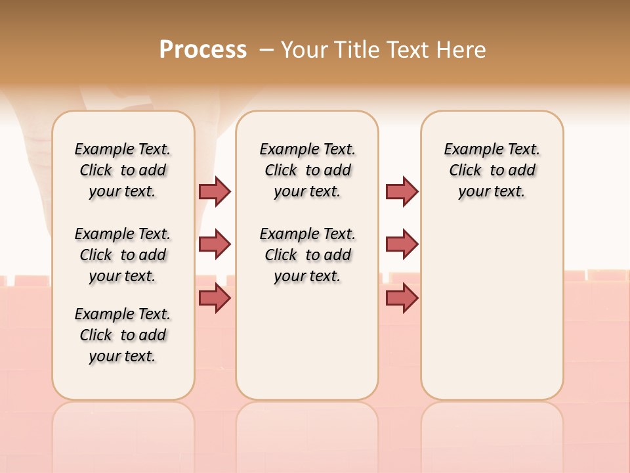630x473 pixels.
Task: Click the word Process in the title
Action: [x=203, y=49]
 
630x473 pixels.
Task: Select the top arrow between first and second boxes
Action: [x=215, y=191]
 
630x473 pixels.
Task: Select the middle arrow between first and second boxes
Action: [x=215, y=244]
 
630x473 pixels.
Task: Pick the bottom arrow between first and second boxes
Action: [x=215, y=298]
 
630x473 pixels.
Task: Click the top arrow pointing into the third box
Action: [x=402, y=191]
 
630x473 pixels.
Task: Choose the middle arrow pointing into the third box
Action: [x=402, y=244]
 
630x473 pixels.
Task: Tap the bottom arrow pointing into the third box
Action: [x=402, y=298]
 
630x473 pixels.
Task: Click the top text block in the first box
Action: [x=123, y=170]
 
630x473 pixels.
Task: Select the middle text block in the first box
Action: [x=123, y=255]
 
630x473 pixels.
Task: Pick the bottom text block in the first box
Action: [x=123, y=335]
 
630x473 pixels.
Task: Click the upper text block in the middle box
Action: [x=307, y=170]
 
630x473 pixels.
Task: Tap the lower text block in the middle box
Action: [x=307, y=255]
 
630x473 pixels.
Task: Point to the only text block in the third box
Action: [x=492, y=170]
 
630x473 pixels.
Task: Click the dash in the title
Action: [x=266, y=49]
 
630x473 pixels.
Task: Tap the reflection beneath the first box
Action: [x=123, y=434]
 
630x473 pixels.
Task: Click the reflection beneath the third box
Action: [x=492, y=434]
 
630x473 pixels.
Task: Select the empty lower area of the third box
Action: [x=492, y=315]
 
